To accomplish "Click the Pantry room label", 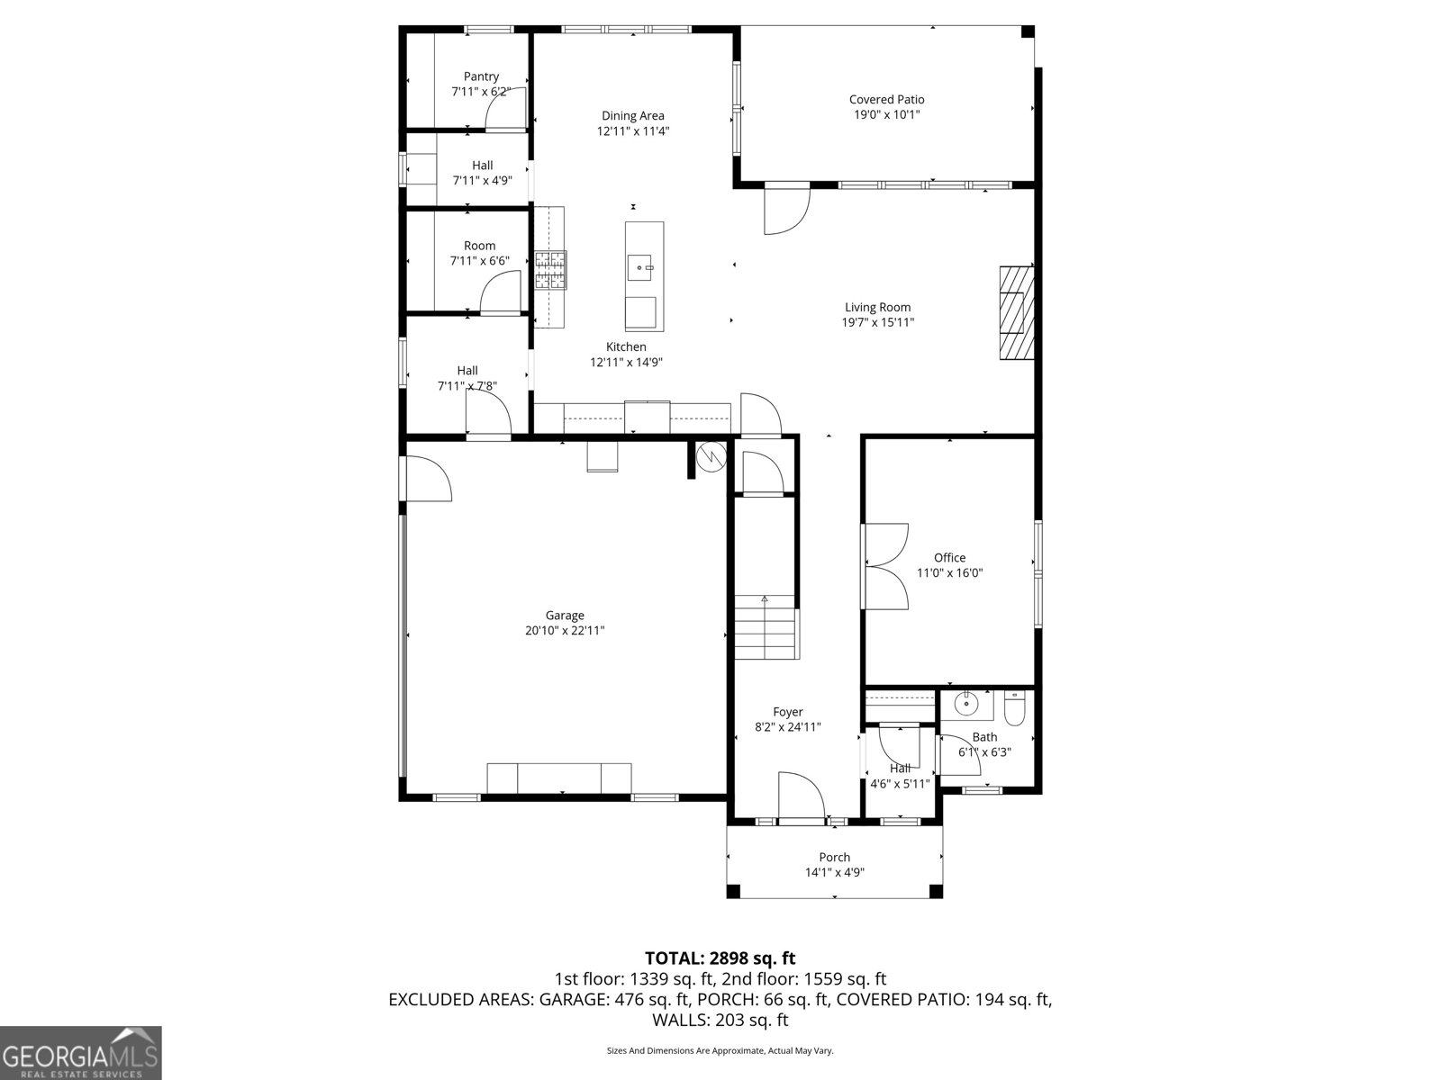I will tap(481, 76).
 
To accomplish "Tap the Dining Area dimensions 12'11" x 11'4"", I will tap(632, 131).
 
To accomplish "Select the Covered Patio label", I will tap(886, 100).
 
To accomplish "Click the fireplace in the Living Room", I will tap(1016, 313).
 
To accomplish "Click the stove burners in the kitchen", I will tap(550, 270).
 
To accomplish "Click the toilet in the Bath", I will tap(1013, 709).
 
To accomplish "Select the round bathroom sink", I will tap(965, 704).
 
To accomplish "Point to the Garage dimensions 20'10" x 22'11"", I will tap(565, 631).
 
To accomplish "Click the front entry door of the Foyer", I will tap(800, 796).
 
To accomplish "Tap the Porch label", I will tap(834, 857).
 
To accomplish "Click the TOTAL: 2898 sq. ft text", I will tap(720, 958).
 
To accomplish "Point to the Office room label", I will tap(949, 558).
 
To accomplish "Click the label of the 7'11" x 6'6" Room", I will tap(479, 246).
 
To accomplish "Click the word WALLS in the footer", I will tap(681, 1020).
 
